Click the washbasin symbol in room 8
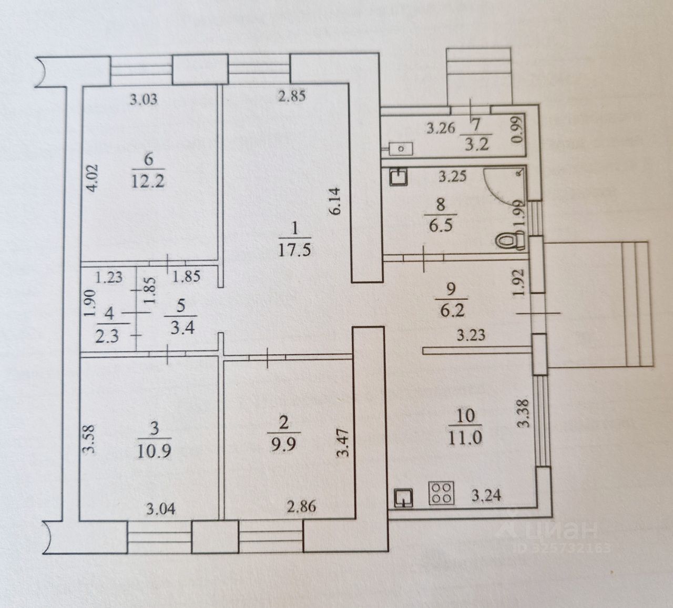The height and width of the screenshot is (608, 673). click(398, 176)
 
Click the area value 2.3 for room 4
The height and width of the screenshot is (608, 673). click(108, 335)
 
